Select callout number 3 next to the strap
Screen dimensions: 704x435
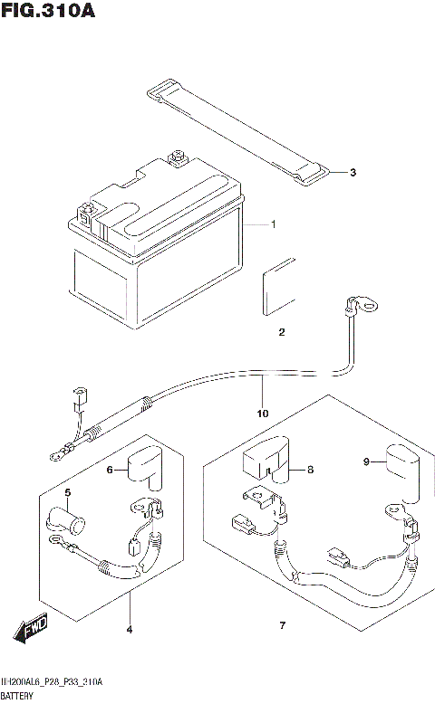[353, 173]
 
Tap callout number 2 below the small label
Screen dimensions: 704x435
[281, 332]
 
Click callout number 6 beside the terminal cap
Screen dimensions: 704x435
[110, 469]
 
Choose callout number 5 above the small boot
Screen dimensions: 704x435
[67, 492]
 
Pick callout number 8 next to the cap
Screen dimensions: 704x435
[310, 470]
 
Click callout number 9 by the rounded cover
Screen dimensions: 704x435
[367, 461]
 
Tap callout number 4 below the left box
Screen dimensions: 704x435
[129, 628]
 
